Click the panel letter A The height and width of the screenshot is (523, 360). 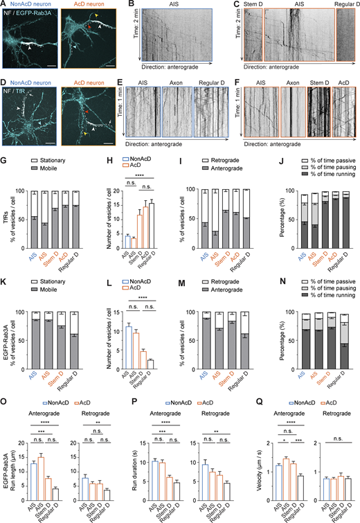(4, 5)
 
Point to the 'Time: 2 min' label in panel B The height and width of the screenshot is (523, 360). (132, 41)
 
